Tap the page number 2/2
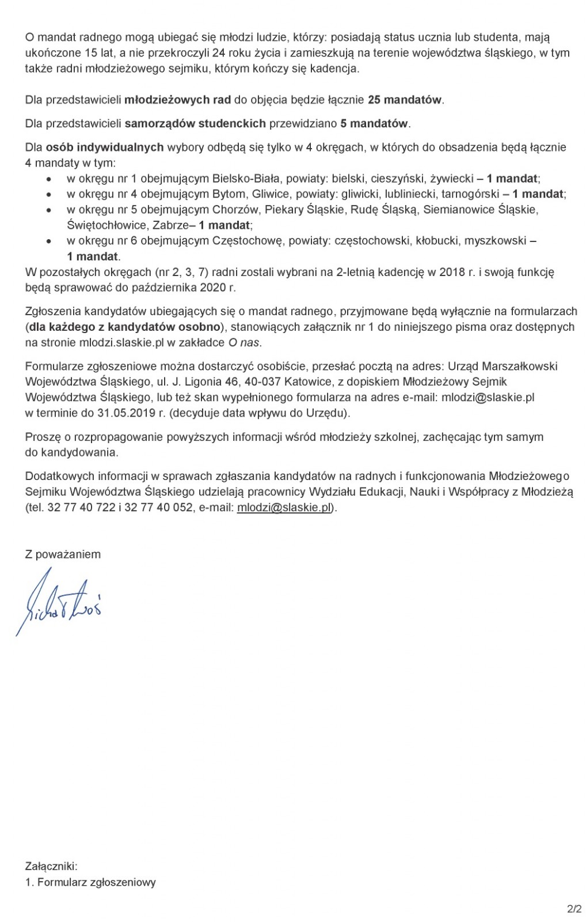coord(574,910)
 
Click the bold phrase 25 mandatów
coord(405,100)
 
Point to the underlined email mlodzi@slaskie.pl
coord(285,508)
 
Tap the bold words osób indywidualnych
coord(105,147)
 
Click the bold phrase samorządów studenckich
coord(195,123)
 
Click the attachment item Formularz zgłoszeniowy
coord(97,882)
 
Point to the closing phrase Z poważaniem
coord(63,554)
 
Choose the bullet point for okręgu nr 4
coord(50,194)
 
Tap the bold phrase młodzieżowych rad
coord(178,100)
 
